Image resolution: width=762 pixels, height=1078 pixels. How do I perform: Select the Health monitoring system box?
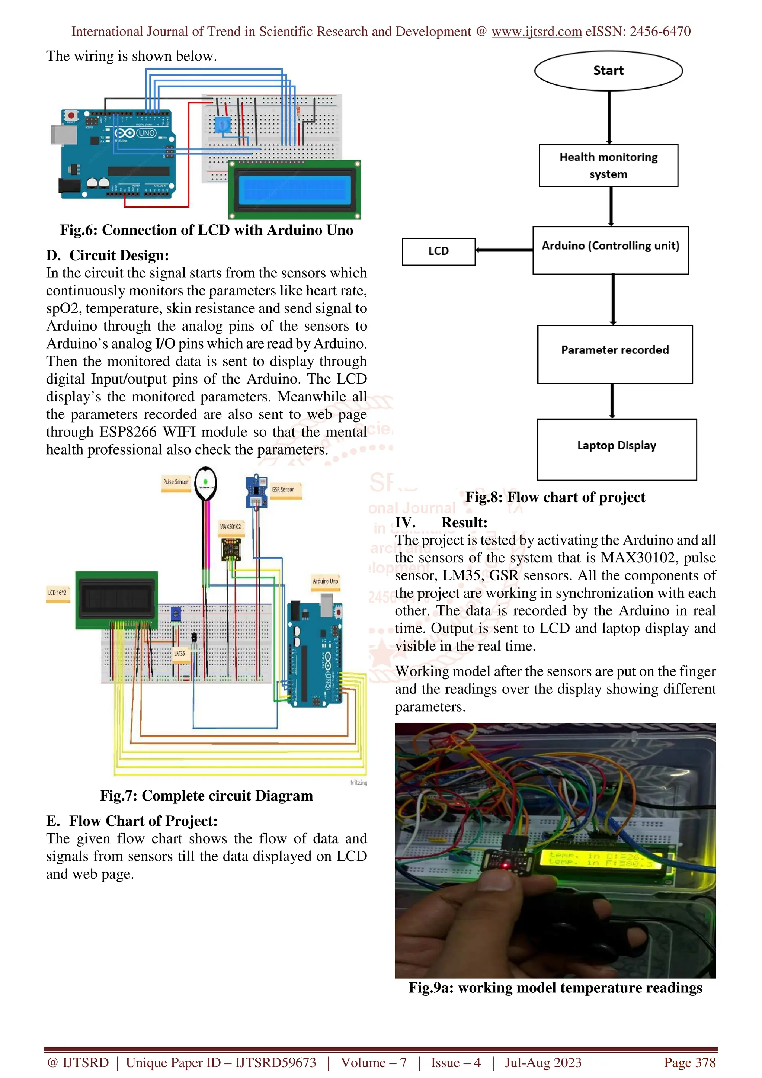[608, 166]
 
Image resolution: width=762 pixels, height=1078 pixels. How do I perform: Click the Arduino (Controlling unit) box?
[610, 250]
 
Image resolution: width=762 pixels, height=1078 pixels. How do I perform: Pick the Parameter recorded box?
[615, 354]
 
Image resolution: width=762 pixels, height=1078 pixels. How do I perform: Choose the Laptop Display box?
[616, 449]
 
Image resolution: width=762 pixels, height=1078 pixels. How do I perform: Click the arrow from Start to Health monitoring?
[609, 118]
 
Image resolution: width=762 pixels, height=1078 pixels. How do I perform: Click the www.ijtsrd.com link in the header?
[536, 32]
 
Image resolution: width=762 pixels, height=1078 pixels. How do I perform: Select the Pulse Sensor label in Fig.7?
[176, 482]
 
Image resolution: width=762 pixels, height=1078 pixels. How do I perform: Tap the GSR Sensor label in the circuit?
[283, 490]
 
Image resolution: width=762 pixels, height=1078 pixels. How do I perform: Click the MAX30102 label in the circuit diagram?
[231, 527]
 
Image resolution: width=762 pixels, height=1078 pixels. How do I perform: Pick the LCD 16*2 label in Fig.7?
[57, 593]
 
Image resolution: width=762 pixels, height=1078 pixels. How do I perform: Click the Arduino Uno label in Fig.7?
[325, 581]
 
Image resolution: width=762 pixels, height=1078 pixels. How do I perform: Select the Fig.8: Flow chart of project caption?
[555, 497]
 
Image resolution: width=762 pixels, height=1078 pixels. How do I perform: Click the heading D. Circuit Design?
[108, 256]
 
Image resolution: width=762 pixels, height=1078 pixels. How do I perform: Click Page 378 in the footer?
[689, 1062]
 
